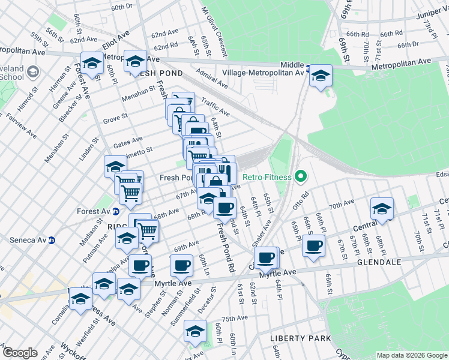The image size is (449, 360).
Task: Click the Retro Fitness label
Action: coord(267,177)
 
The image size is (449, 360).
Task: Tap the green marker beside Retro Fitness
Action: coord(301,177)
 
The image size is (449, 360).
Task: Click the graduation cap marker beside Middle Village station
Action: coord(321,76)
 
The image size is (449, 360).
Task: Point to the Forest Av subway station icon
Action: coord(116,211)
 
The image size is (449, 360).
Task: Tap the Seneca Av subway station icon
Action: coord(52,241)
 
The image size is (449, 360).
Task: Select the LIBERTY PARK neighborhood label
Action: coord(300,338)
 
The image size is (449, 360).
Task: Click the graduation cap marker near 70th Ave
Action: coord(382,208)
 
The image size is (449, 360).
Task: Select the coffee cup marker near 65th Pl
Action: coord(313,245)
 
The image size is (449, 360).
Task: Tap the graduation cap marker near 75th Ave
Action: coord(195,331)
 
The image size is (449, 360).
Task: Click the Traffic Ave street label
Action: coord(215,107)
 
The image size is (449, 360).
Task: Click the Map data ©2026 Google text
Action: coord(411,355)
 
